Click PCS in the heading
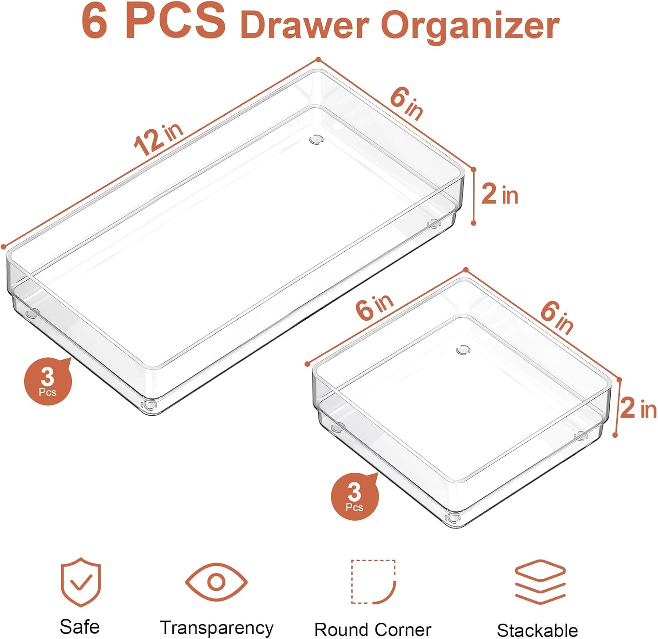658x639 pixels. [175, 21]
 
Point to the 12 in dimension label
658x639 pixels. [158, 139]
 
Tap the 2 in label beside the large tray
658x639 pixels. [500, 194]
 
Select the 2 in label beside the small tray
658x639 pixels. [639, 408]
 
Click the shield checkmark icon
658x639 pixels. [81, 582]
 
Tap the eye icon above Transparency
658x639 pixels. [216, 582]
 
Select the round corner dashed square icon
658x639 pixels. [374, 582]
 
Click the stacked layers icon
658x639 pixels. [540, 582]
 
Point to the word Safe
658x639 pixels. [79, 626]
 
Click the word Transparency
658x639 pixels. [217, 628]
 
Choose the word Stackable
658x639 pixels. [537, 630]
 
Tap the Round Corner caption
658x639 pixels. [373, 630]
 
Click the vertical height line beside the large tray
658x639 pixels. [473, 196]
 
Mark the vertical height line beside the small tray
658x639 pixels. [617, 407]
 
